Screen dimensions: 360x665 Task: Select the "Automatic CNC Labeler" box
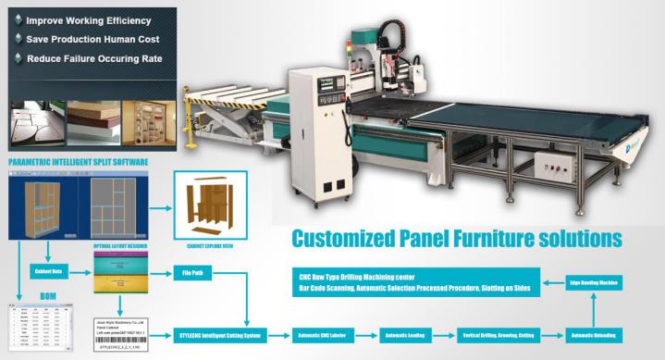[x=318, y=335]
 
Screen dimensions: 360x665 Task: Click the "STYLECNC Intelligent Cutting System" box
[x=218, y=335]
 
